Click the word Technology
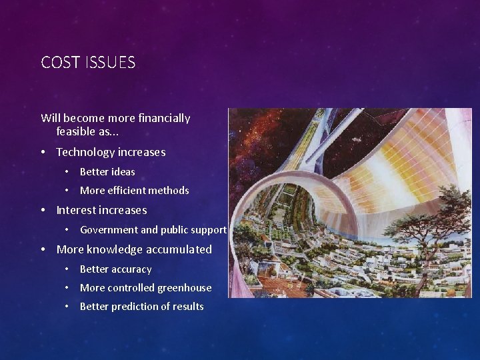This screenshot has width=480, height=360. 85,152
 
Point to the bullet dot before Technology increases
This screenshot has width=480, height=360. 43,152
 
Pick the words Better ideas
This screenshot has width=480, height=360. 107,172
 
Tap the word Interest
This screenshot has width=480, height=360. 76,210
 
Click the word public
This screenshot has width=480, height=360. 177,230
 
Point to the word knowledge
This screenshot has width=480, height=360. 114,249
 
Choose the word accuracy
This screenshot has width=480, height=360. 131,269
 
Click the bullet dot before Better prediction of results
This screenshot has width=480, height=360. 67,307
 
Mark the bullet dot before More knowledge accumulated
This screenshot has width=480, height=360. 43,249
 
